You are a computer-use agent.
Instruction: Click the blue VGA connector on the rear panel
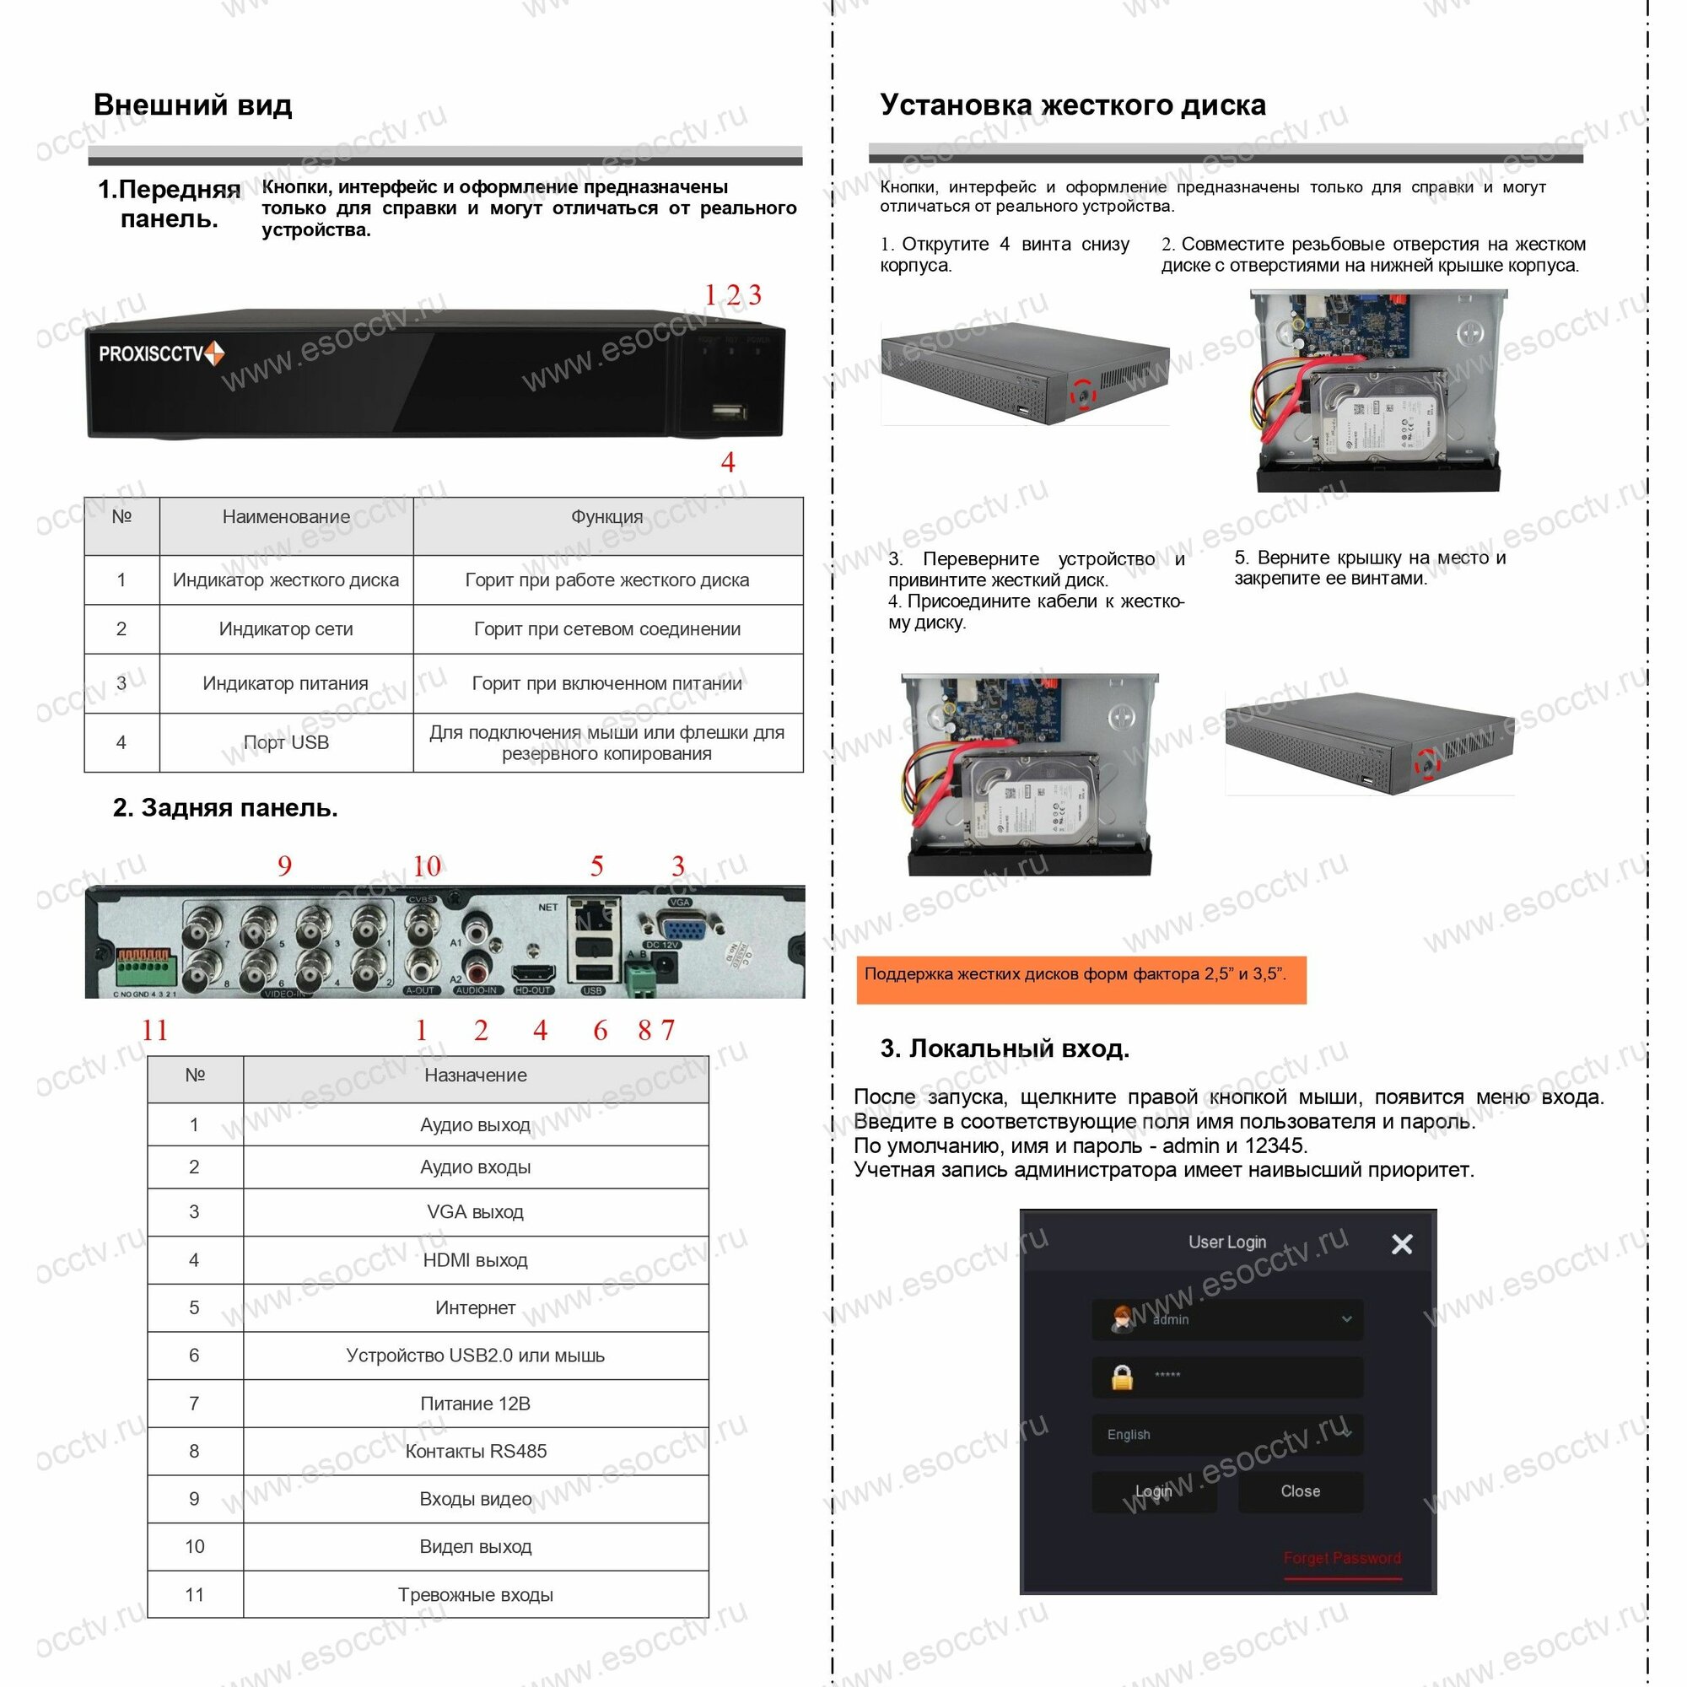681,927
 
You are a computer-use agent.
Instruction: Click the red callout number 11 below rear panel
154,1031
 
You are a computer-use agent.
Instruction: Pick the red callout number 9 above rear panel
283,865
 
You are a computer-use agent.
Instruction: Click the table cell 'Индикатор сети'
286,628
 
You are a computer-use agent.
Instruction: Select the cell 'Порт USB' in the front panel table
286,742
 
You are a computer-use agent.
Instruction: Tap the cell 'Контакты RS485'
475,1450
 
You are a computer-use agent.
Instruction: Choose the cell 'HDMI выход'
475,1259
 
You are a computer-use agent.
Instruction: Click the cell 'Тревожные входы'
475,1594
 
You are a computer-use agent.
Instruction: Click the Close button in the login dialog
1299,1490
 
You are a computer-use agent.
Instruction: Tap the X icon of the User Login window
1401,1243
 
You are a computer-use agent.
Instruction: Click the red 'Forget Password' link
1341,1558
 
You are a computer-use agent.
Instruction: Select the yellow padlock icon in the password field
1122,1377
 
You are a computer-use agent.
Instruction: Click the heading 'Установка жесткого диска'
1072,105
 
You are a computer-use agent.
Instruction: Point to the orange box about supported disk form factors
1081,978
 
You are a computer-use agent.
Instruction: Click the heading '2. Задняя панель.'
224,808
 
